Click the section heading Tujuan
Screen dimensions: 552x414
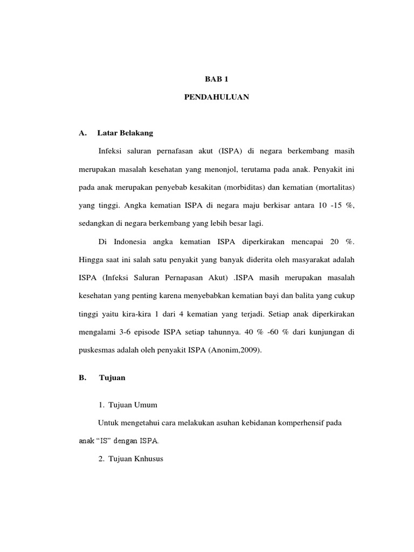click(112, 378)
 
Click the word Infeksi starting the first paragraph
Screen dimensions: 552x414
click(112, 149)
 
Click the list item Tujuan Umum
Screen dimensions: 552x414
click(133, 404)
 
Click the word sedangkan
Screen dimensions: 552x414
click(93, 223)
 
